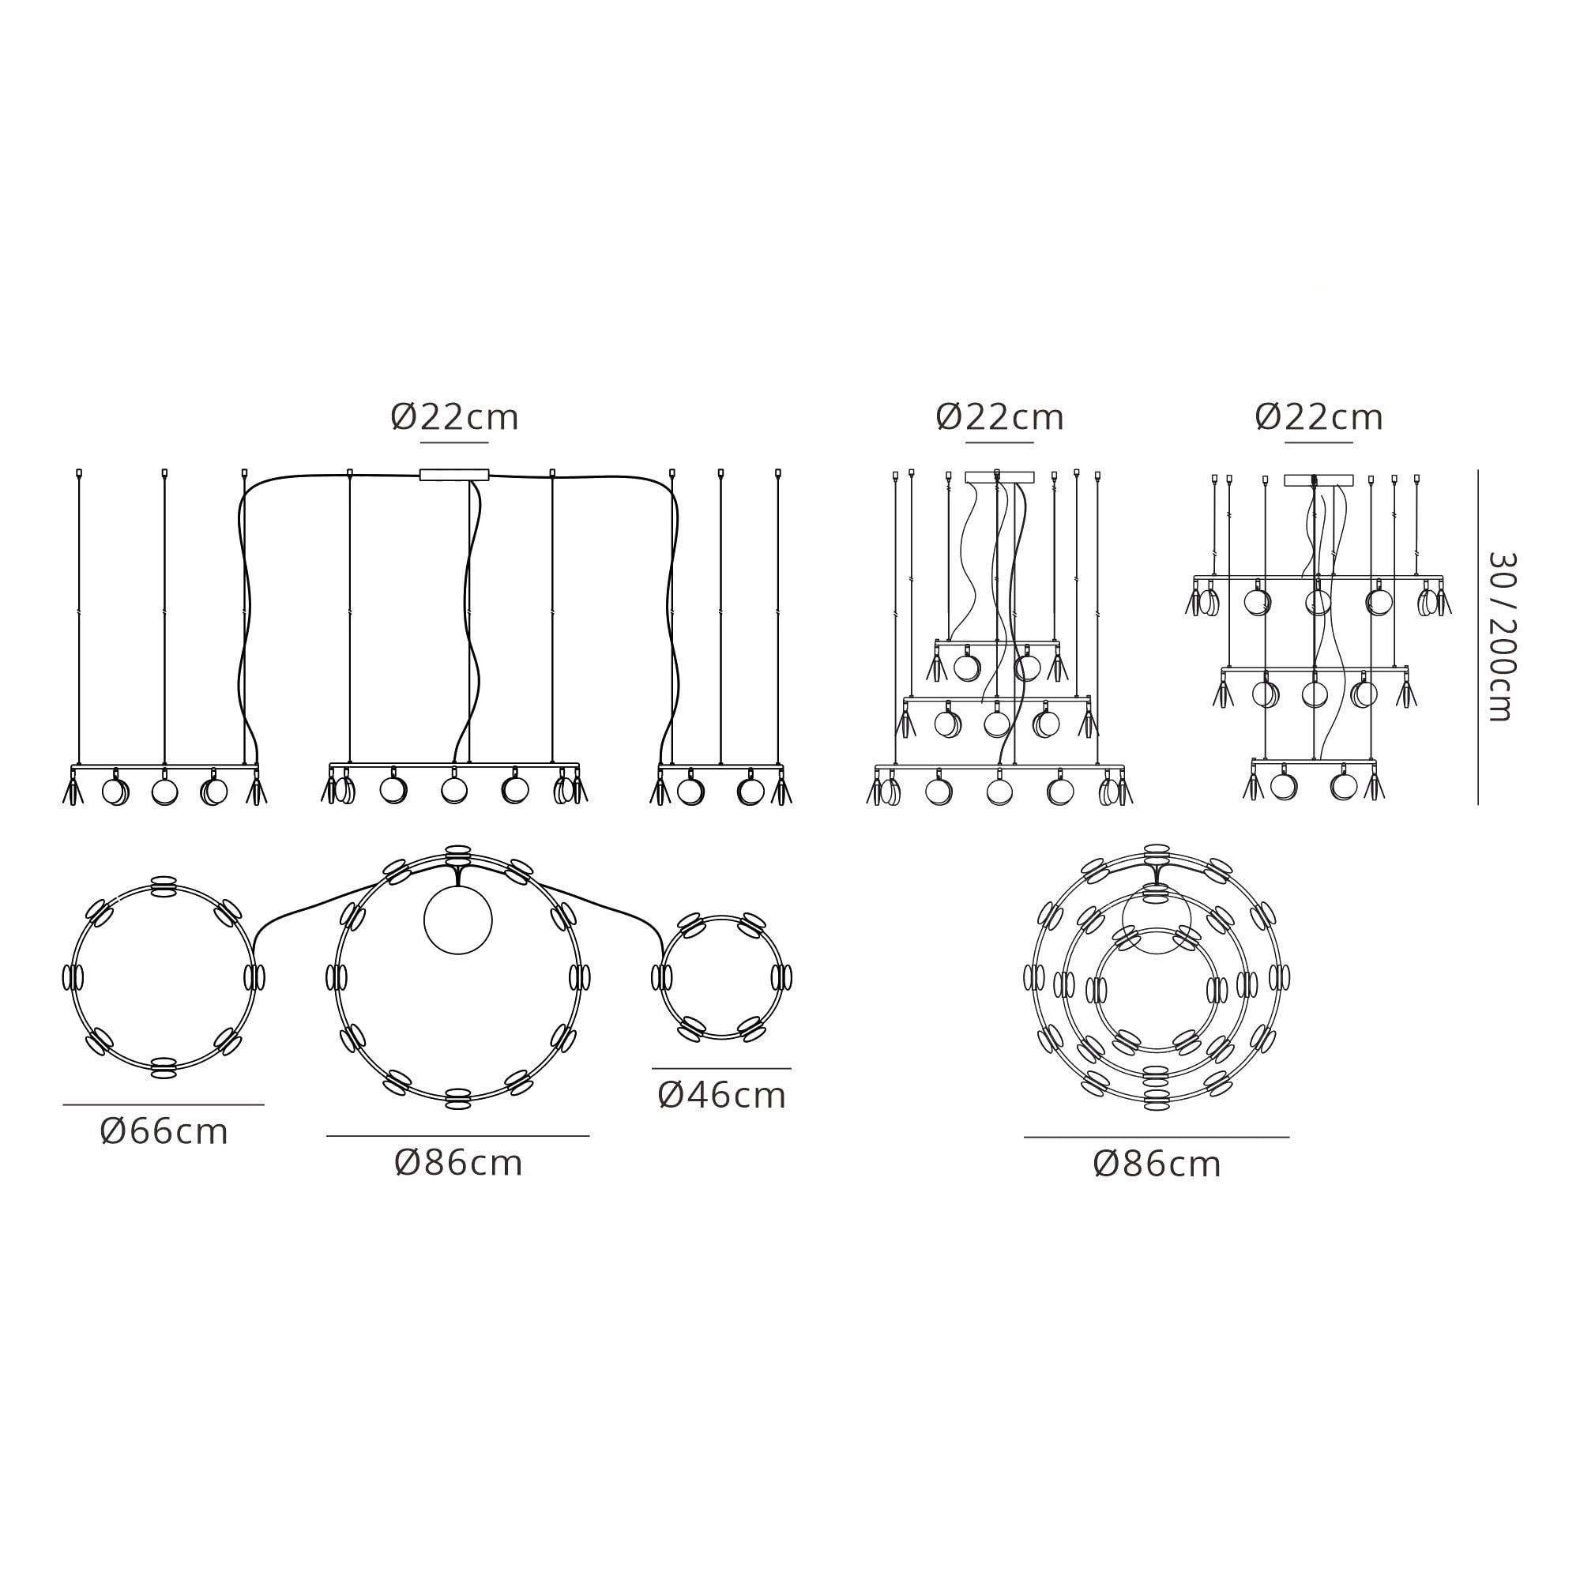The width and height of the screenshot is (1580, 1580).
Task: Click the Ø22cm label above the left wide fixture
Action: (x=454, y=418)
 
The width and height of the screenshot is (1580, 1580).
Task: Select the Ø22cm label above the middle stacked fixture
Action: (x=999, y=418)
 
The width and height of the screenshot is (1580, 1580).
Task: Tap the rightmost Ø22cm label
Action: (x=1319, y=418)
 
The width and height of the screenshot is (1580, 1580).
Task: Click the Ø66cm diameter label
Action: (x=164, y=1132)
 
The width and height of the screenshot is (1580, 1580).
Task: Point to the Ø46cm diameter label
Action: (x=721, y=1096)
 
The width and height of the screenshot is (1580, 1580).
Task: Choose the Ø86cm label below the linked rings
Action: (x=458, y=1163)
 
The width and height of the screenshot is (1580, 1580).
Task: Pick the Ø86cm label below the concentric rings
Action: (x=1157, y=1164)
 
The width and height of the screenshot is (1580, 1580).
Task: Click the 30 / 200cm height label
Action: (x=1502, y=636)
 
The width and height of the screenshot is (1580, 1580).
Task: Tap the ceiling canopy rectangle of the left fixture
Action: (x=454, y=475)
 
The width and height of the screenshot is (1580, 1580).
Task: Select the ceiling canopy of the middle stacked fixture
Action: (x=999, y=478)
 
